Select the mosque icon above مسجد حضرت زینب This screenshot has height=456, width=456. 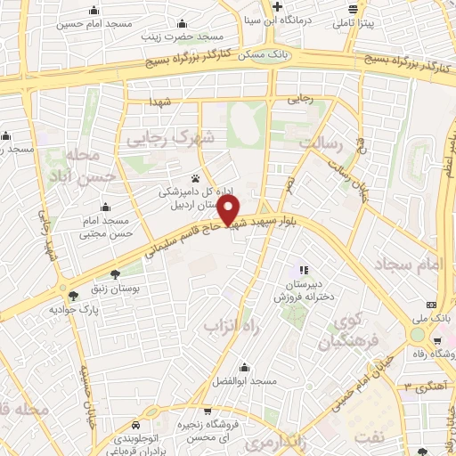(x=182, y=23)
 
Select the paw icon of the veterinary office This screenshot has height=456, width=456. (x=194, y=178)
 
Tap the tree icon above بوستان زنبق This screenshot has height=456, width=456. (x=114, y=273)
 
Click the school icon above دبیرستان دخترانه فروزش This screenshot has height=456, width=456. (x=302, y=269)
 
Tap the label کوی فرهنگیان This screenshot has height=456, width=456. (x=357, y=330)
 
